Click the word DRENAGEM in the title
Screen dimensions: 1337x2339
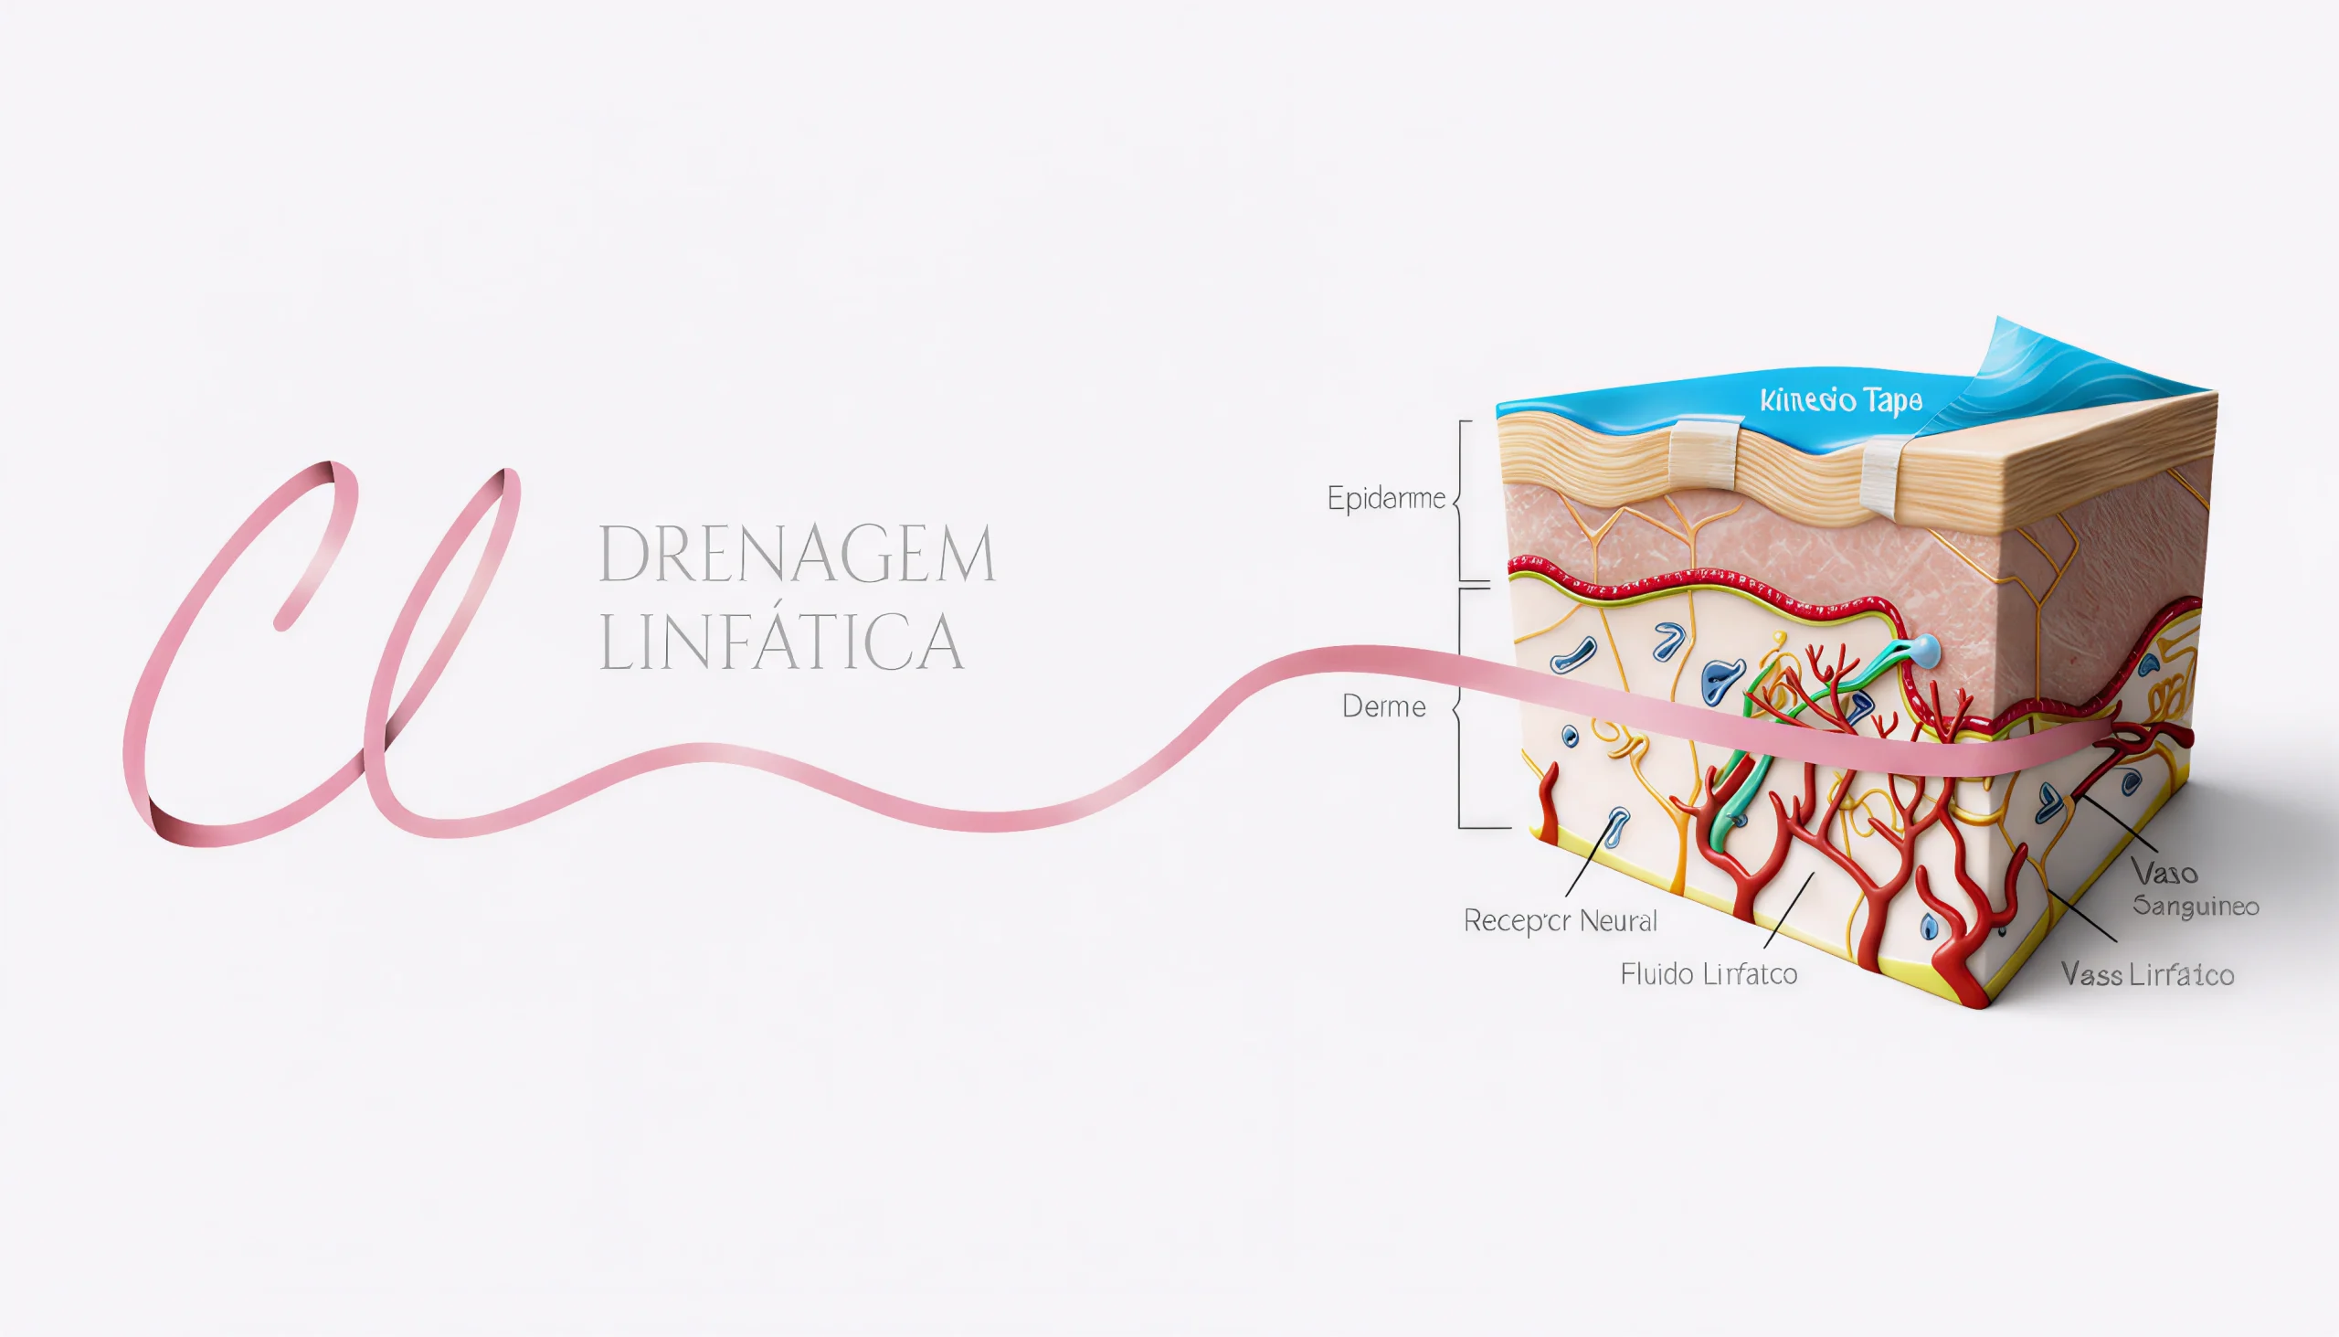(x=797, y=554)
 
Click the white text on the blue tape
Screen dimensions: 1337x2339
(x=1840, y=401)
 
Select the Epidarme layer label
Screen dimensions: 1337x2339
(x=1386, y=499)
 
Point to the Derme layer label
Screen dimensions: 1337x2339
(x=1383, y=706)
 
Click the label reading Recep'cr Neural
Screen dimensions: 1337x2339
(x=1560, y=920)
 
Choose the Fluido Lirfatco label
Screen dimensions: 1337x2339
(x=1709, y=973)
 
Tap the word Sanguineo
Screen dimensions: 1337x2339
(x=2195, y=907)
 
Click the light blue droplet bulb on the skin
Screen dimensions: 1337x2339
(x=1926, y=650)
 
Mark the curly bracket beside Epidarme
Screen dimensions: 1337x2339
(x=1460, y=501)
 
